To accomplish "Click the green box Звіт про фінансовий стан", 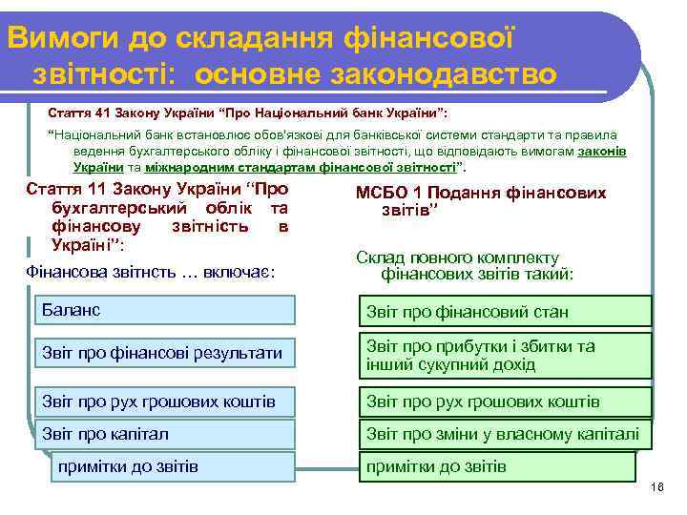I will coord(505,311).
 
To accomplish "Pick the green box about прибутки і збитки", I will coord(505,355).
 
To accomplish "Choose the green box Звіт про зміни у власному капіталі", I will coord(505,434).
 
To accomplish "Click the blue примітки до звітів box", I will coord(173,466).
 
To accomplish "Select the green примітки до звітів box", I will coord(496,466).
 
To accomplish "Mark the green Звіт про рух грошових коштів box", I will coord(505,402).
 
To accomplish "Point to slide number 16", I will coord(656,487).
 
